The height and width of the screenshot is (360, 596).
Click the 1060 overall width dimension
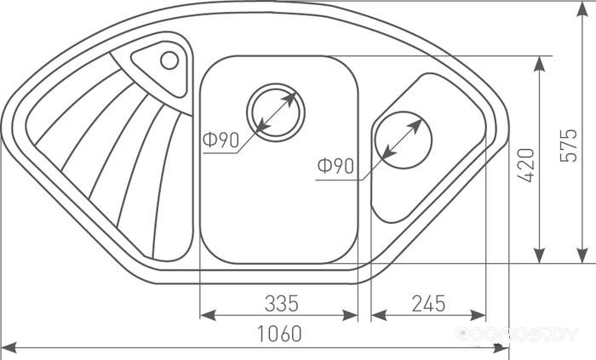click(x=279, y=334)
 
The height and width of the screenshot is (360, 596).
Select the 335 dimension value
click(x=282, y=304)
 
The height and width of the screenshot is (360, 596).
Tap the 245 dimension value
click(x=428, y=304)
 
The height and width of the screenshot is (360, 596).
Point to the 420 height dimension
click(x=526, y=165)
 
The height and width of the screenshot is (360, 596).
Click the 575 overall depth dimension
click(x=569, y=146)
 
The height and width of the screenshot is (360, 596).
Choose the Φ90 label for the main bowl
click(x=221, y=140)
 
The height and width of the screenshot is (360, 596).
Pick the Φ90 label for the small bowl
click(x=335, y=166)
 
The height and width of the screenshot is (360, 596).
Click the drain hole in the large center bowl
click(x=276, y=112)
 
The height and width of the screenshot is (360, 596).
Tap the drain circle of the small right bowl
click(x=404, y=140)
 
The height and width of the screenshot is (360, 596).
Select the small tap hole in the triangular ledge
click(x=169, y=60)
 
